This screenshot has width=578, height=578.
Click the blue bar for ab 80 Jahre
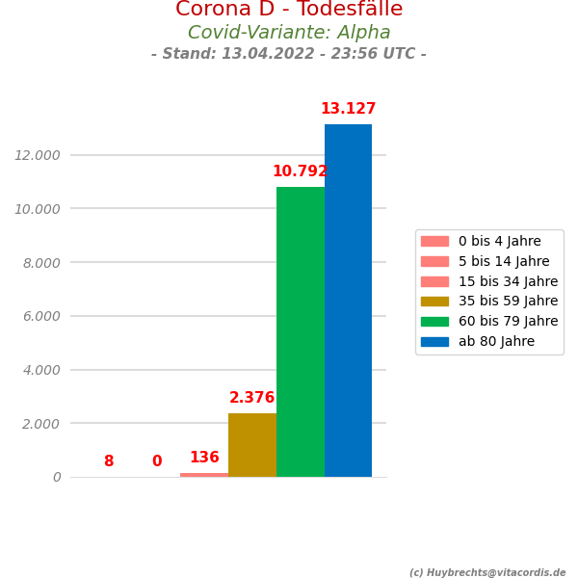(x=348, y=301)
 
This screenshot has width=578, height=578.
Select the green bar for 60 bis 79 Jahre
(x=301, y=331)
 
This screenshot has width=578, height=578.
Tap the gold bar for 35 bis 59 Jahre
(x=252, y=445)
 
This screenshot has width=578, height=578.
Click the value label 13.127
(x=348, y=110)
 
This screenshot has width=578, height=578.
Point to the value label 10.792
(x=300, y=172)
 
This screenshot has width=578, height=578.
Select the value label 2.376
(x=252, y=398)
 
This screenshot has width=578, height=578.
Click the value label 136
(x=204, y=458)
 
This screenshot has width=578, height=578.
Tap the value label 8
(x=109, y=461)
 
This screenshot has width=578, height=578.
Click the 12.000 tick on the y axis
(x=38, y=155)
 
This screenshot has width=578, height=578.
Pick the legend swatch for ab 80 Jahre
(x=434, y=341)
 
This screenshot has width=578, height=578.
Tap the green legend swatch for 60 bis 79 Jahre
(x=434, y=322)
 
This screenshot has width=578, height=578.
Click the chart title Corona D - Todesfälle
(x=289, y=11)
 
